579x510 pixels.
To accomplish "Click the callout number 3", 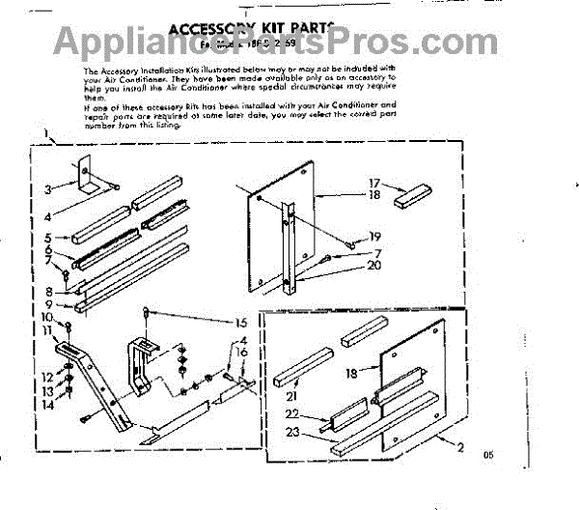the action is click(49, 188).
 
